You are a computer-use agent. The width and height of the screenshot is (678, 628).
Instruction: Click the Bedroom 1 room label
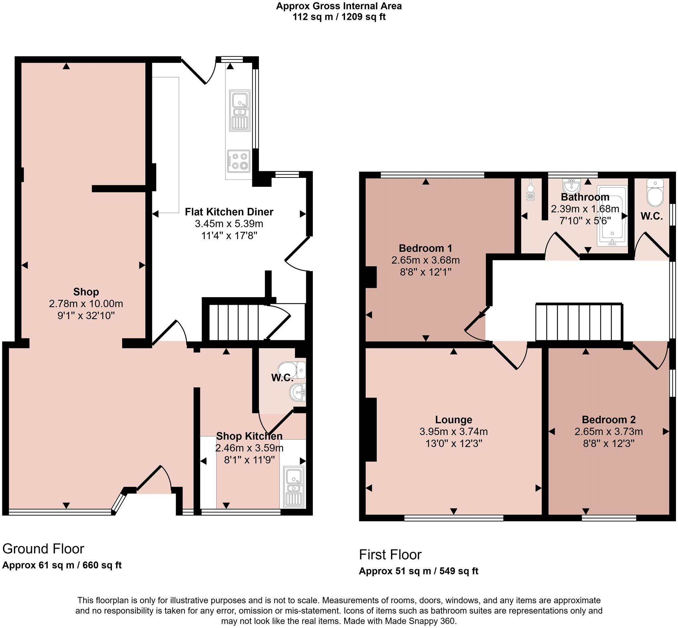coord(425,248)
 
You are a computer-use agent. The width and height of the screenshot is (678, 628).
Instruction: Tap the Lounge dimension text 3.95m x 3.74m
coord(454,432)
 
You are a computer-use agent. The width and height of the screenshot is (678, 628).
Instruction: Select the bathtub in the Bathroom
coord(612,215)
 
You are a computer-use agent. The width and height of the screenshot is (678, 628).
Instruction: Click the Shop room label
coord(86,291)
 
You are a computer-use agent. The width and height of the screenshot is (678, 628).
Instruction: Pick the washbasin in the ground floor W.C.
coord(298,393)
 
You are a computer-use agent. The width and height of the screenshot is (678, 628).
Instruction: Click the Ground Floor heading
coord(43,549)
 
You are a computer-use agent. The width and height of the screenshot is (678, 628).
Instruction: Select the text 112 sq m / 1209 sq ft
coord(339,17)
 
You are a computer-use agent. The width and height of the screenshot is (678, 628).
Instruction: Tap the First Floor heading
coord(390,555)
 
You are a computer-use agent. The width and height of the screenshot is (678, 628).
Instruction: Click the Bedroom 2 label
coord(608,419)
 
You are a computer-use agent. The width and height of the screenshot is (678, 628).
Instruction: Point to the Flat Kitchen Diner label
coord(229,212)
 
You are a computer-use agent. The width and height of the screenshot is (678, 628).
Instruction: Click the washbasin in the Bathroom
coord(571,186)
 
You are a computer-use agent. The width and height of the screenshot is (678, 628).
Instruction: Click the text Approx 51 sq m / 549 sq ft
coord(418,571)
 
